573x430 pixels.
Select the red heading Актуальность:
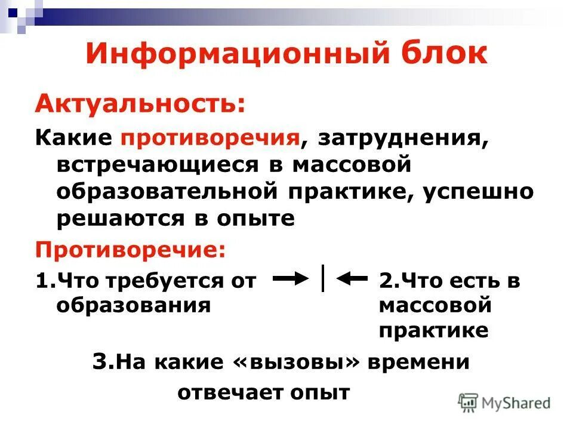tap(140, 105)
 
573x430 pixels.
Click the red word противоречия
tap(211, 139)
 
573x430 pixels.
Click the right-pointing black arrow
tap(291, 279)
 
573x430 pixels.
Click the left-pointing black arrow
tap(352, 279)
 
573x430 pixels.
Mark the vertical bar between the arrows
tap(323, 278)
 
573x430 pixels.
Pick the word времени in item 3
tap(419, 363)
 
